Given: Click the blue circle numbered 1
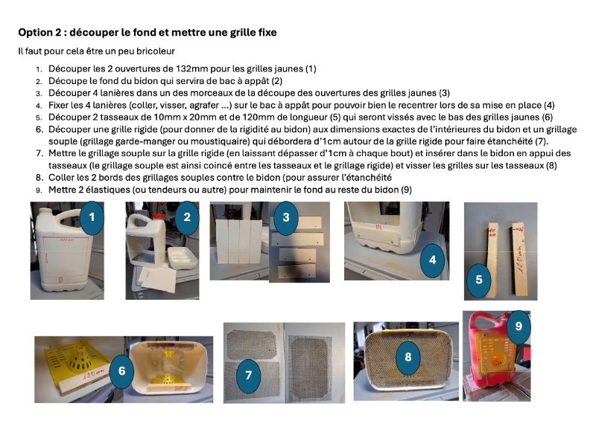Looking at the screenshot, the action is pyautogui.click(x=92, y=217).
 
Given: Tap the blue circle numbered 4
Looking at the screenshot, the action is pyautogui.click(x=432, y=260).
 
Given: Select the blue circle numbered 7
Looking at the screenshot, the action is pyautogui.click(x=248, y=376).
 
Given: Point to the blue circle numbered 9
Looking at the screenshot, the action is pyautogui.click(x=519, y=327).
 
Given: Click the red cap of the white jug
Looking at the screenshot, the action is pyautogui.click(x=158, y=216).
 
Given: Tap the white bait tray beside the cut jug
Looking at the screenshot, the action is pyautogui.click(x=183, y=257).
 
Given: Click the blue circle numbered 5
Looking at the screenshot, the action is pyautogui.click(x=479, y=280).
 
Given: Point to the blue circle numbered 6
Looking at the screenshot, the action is pyautogui.click(x=121, y=371).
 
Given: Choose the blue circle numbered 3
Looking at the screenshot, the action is pyautogui.click(x=286, y=217).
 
